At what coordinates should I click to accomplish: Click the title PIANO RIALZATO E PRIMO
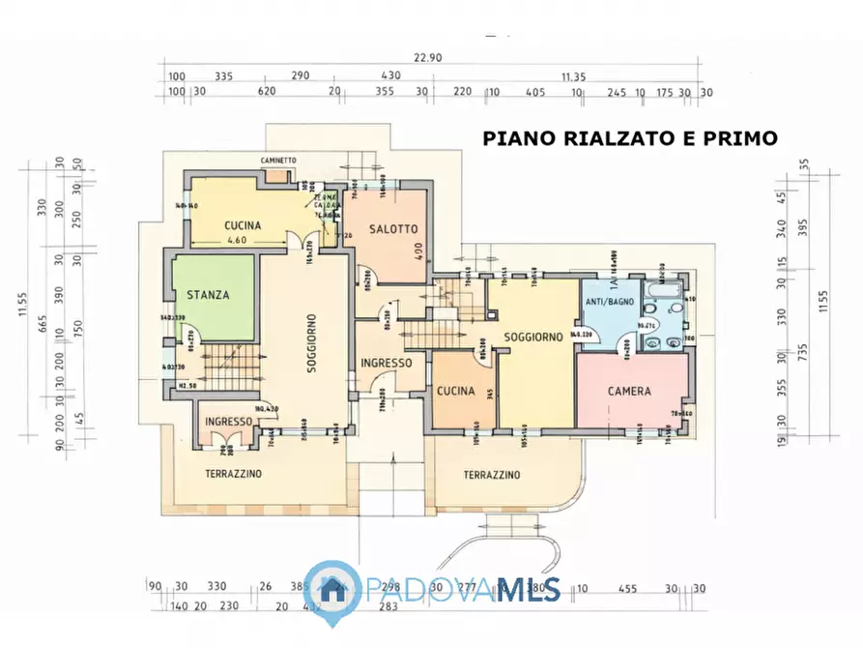(630, 138)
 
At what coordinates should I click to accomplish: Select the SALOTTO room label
(393, 229)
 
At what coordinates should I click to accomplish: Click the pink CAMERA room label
(629, 392)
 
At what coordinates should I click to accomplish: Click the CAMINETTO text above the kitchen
(278, 160)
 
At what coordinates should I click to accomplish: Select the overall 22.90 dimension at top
(428, 58)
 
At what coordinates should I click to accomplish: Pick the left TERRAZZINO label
(233, 474)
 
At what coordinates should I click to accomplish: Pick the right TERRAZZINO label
(491, 475)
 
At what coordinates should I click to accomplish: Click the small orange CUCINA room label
(455, 391)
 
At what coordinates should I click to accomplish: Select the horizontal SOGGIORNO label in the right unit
(533, 337)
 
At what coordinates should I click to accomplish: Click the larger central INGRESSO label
(387, 363)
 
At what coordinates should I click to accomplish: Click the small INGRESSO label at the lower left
(227, 422)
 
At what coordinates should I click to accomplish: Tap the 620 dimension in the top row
(267, 92)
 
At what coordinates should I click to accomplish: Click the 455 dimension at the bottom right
(628, 587)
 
